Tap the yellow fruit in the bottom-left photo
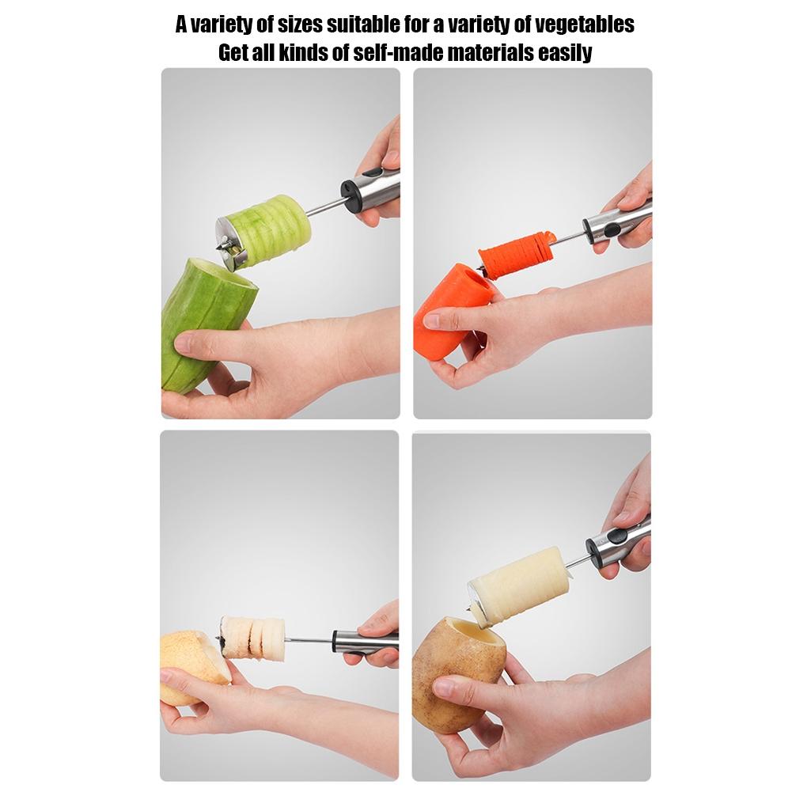tap(188, 665)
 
